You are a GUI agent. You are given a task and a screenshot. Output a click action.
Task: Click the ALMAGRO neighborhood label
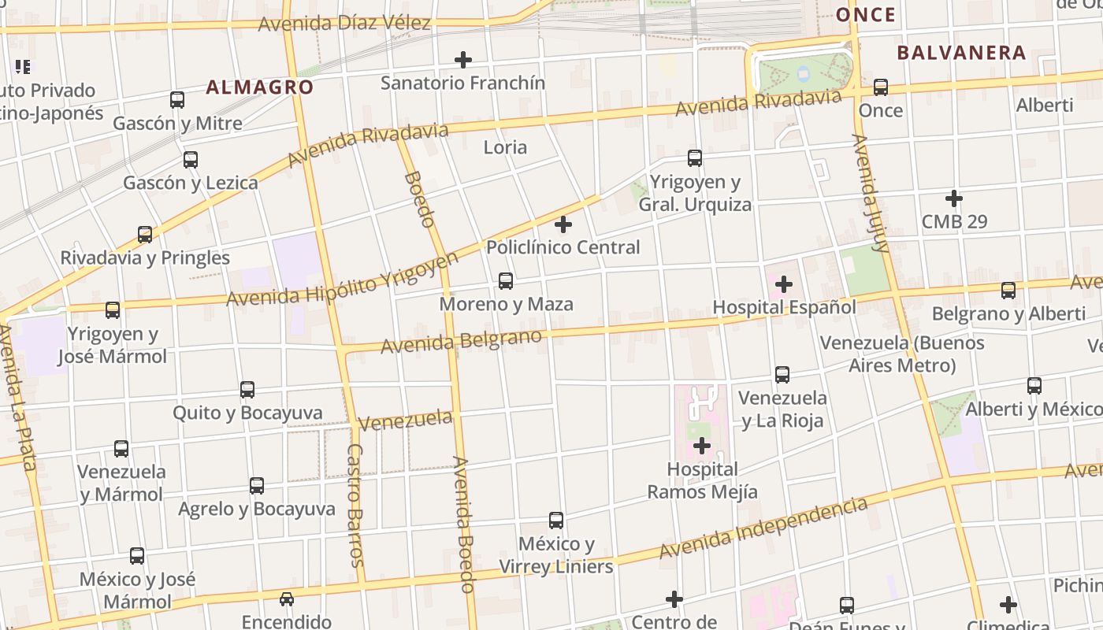260,87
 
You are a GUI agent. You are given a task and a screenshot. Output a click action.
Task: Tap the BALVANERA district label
961,53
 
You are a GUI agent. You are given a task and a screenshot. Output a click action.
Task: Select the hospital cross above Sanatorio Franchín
463,60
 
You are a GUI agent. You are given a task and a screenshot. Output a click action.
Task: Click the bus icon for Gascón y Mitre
177,100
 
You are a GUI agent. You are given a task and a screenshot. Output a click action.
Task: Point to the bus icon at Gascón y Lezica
191,160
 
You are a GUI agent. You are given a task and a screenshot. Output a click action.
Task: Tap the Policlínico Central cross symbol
563,224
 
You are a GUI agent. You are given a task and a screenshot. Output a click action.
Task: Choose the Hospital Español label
784,306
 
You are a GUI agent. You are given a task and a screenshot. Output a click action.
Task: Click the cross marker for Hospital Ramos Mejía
701,447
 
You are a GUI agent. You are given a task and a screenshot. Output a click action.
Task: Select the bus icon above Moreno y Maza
506,281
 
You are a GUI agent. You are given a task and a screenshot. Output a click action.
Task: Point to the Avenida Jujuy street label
871,193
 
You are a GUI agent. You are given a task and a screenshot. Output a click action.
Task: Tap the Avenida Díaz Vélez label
344,23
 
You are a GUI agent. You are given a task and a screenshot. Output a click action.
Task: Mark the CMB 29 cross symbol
954,198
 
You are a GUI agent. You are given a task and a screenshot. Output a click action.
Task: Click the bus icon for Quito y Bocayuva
247,390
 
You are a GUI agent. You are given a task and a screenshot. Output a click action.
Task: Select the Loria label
505,147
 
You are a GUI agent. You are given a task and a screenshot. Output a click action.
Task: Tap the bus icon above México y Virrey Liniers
556,521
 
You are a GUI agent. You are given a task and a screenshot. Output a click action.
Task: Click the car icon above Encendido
287,599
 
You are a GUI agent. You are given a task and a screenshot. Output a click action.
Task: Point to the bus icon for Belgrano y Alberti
1008,291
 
